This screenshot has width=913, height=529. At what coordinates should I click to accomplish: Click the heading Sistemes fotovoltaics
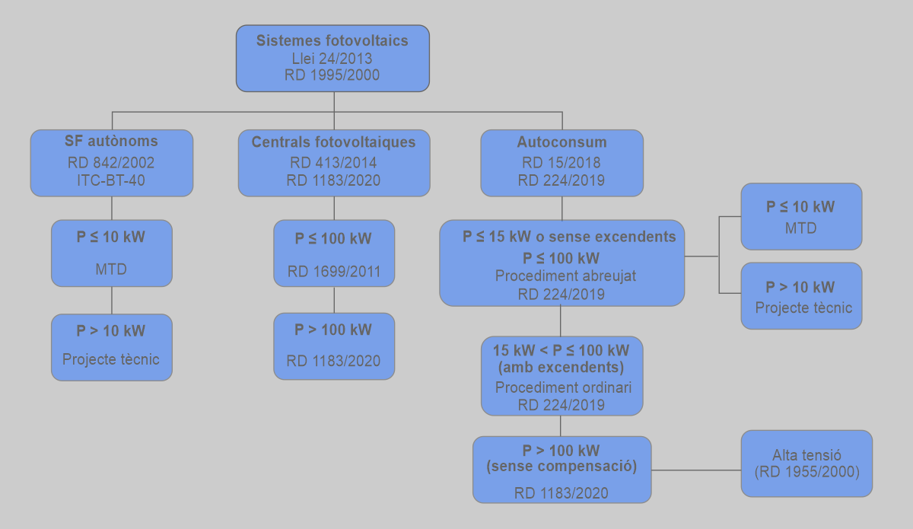coord(332,41)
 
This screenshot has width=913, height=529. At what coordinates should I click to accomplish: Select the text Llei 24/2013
coord(332,59)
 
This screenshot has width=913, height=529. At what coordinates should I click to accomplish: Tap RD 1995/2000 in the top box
coord(332,75)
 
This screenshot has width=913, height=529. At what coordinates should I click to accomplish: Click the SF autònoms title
coord(111,142)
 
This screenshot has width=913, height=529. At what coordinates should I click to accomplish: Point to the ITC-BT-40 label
coord(111,180)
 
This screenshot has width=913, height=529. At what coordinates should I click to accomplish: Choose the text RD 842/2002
coord(111,163)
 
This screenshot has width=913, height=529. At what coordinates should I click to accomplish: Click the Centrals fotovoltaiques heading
coord(333,142)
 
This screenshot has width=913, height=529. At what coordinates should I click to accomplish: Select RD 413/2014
coord(333,163)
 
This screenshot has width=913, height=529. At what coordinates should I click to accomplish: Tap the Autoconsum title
coord(561,142)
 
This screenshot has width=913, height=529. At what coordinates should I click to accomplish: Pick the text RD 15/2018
coord(561,163)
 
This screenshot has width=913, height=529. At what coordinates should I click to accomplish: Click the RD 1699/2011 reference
coord(334,272)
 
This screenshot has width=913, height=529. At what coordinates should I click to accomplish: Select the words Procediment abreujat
coord(561,276)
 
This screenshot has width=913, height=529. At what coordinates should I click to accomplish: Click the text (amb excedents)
coord(561,368)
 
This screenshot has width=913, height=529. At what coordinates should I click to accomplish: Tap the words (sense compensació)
coord(561,466)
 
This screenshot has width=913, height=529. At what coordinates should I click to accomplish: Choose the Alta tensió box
coord(806,464)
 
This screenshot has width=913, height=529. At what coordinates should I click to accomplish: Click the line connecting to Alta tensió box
coord(696,470)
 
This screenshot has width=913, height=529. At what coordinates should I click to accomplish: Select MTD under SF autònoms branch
coord(111,269)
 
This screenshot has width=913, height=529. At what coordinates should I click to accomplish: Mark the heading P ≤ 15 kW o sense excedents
coord(569,237)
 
